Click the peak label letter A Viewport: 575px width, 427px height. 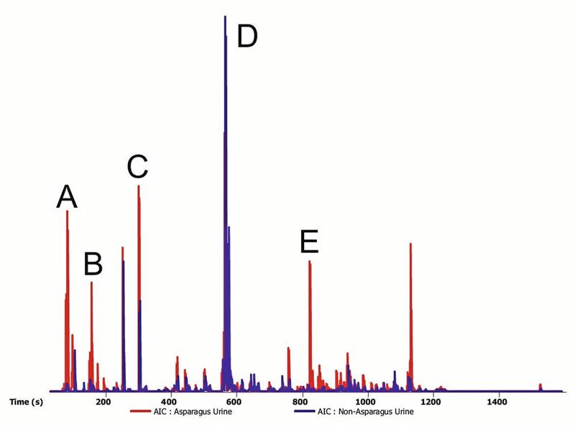(x=67, y=196)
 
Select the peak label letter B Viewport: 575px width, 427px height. (x=93, y=265)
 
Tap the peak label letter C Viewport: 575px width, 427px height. (x=137, y=166)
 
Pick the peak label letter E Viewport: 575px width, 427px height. (x=309, y=242)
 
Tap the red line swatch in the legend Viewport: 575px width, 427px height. (x=141, y=413)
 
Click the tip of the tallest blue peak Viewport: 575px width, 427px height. (x=226, y=17)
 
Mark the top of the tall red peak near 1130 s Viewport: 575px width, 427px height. (x=410, y=244)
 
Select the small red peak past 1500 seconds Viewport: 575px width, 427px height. (x=540, y=385)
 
